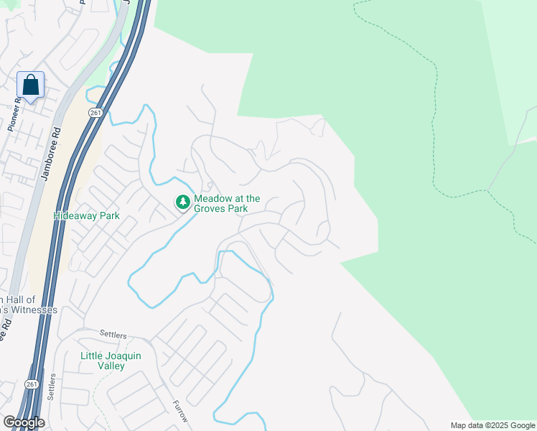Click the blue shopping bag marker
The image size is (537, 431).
click(x=31, y=85)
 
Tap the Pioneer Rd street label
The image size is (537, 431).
click(x=14, y=114)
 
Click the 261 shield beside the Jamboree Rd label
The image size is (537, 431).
click(x=96, y=113)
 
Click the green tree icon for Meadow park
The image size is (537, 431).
click(x=183, y=203)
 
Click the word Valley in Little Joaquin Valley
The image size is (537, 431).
click(x=111, y=366)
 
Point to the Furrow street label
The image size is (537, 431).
click(x=179, y=412)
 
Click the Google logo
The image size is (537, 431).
click(x=23, y=422)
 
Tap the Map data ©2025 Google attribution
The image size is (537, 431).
click(x=492, y=425)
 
